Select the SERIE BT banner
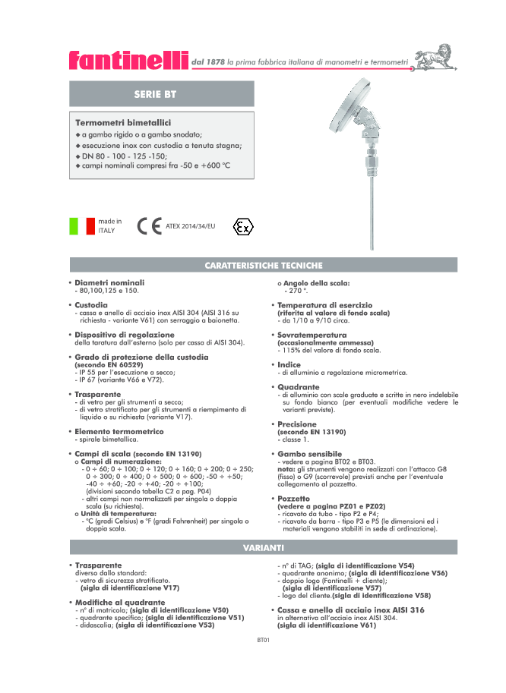(163, 94)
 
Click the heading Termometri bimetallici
(122, 122)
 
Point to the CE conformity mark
(149, 226)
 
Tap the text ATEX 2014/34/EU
(191, 226)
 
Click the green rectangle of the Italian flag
(74, 226)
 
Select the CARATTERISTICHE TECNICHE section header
(264, 266)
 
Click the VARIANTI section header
(264, 547)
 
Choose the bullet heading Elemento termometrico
(119, 431)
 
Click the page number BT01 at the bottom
(263, 640)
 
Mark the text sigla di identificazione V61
(327, 625)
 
